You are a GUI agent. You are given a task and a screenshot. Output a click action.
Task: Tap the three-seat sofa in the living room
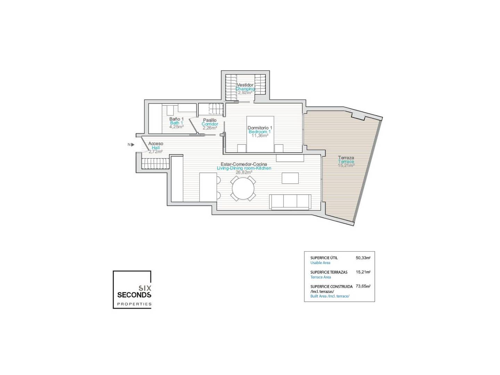290,202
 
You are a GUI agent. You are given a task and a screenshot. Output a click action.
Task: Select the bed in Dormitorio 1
260,134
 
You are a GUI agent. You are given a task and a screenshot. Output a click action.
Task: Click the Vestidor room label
245,85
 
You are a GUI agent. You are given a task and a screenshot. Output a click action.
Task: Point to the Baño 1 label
176,119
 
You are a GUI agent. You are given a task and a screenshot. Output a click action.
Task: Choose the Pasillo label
210,120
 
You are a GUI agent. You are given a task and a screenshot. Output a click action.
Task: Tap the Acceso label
156,144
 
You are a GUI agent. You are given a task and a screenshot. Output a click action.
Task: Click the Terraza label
346,158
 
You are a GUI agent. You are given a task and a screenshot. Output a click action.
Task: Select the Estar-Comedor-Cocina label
244,164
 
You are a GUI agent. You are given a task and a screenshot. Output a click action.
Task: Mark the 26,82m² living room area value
244,172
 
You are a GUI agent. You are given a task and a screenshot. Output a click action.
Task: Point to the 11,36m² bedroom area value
260,136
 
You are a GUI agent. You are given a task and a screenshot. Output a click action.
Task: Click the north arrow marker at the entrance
133,144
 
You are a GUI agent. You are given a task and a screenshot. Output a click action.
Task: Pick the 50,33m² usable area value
363,258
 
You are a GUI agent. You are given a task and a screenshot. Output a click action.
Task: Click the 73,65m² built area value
363,286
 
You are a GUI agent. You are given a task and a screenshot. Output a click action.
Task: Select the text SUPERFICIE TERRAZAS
329,272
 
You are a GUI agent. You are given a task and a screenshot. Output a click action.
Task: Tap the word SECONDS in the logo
134,295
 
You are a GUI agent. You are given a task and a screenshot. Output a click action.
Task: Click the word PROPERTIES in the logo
134,304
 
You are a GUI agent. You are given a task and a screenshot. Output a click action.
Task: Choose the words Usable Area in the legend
320,263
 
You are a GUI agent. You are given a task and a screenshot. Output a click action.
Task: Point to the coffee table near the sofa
290,178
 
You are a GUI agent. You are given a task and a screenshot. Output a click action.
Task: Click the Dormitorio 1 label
260,128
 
